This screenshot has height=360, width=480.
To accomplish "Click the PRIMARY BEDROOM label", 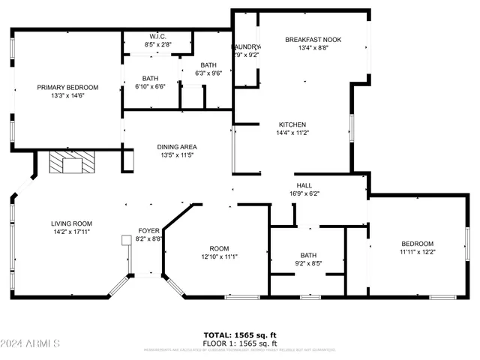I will (67, 87).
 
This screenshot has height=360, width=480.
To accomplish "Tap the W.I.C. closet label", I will (157, 36).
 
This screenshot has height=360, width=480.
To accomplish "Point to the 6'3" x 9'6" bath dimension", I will (208, 73).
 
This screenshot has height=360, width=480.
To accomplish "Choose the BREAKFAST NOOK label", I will (313, 39).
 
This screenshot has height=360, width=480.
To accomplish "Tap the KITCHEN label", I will (292, 124).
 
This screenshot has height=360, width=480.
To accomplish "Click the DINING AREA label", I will (177, 146).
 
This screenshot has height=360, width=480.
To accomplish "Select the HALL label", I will (304, 185).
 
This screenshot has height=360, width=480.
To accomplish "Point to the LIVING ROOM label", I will (71, 223).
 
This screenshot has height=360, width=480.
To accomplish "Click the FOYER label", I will (148, 231).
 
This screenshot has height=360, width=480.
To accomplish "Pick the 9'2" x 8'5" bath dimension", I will (308, 263).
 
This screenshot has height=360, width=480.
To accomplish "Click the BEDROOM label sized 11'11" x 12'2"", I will (417, 244).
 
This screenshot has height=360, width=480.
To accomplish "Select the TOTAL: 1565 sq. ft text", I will (240, 334).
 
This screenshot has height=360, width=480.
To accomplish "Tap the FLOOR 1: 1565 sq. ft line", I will (240, 343).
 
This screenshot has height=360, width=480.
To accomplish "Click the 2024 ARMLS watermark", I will (31, 343).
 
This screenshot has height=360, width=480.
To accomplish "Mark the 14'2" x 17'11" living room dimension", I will (71, 232).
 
